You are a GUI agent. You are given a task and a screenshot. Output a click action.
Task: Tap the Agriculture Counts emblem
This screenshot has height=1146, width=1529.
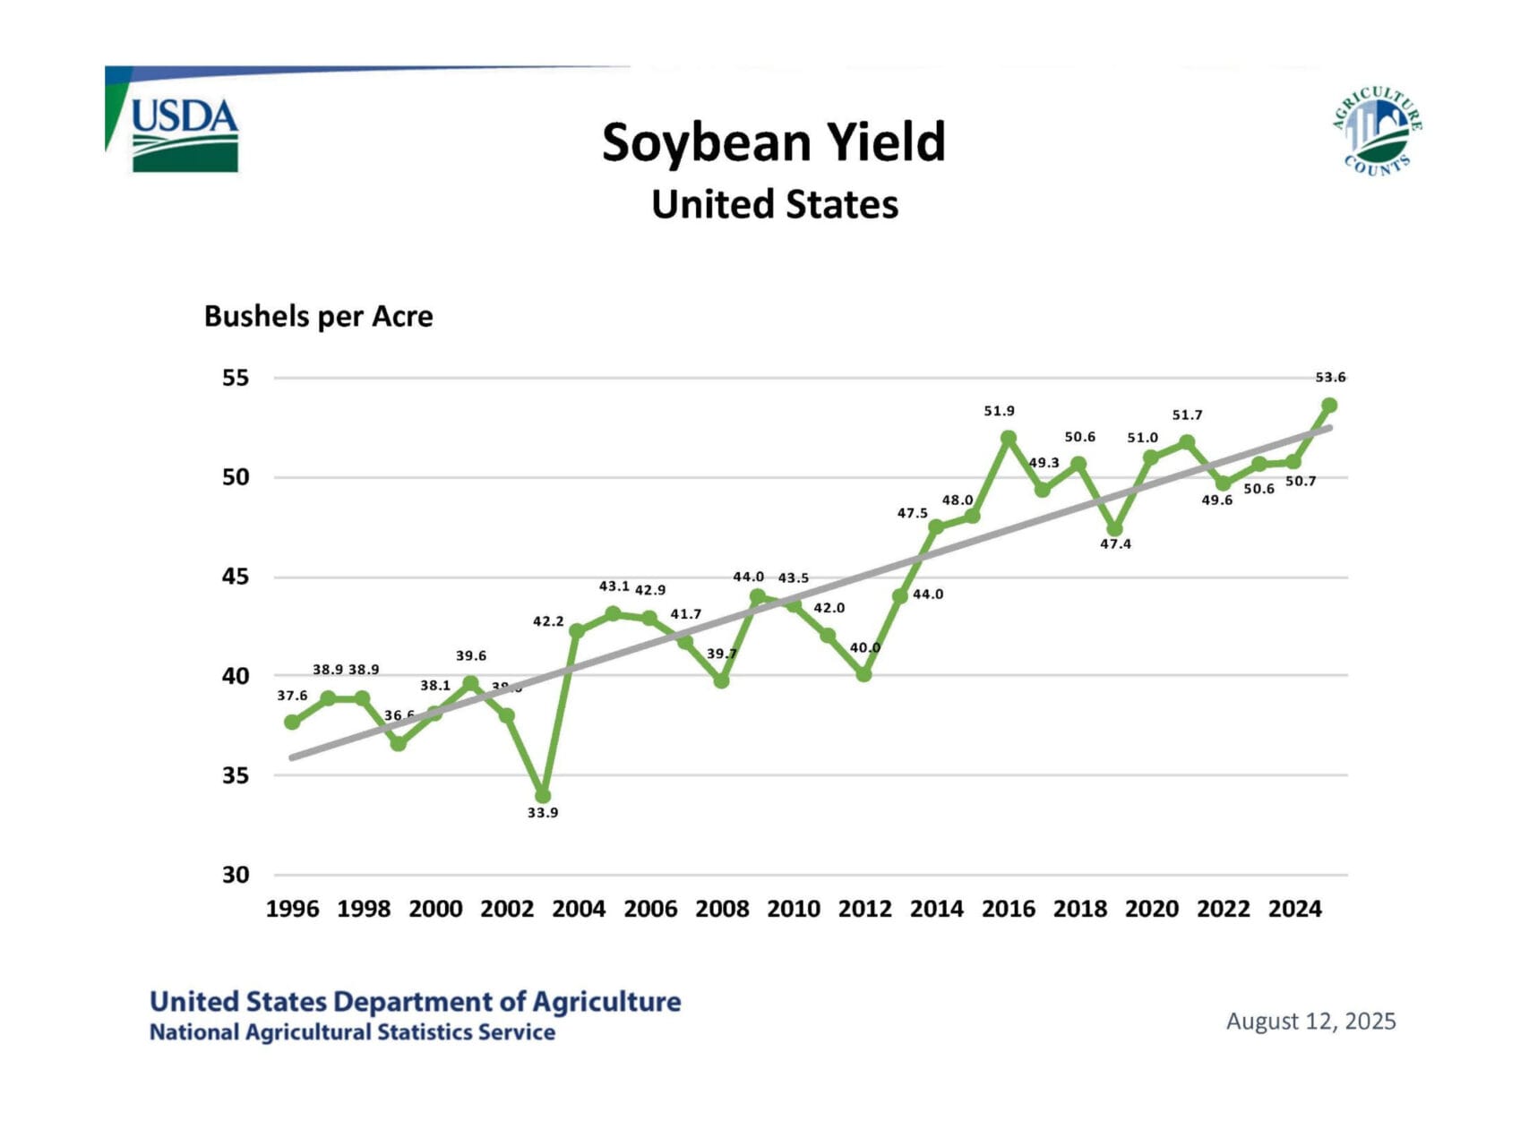pyautogui.click(x=1377, y=131)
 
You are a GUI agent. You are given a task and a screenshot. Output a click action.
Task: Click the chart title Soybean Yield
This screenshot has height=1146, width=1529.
pyautogui.click(x=773, y=142)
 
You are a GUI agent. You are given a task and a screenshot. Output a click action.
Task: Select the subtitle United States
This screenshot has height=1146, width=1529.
pyautogui.click(x=775, y=204)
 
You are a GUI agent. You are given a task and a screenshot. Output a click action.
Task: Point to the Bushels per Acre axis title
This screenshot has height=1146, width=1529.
pyautogui.click(x=318, y=316)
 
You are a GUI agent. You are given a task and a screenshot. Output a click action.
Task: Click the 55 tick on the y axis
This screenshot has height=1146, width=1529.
pyautogui.click(x=236, y=378)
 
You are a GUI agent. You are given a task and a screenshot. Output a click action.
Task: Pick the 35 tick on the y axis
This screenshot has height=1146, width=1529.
pyautogui.click(x=236, y=775)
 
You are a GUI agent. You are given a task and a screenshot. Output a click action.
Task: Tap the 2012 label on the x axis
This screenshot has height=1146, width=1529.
pyautogui.click(x=864, y=909)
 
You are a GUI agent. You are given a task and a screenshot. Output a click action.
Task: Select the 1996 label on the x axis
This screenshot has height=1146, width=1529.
pyautogui.click(x=292, y=909)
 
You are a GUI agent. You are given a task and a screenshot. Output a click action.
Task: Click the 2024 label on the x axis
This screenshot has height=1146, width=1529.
pyautogui.click(x=1294, y=909)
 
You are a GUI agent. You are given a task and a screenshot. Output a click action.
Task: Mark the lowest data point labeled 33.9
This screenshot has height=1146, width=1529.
pyautogui.click(x=543, y=796)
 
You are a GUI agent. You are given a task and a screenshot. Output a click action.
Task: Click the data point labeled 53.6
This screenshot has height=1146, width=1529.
pyautogui.click(x=1329, y=406)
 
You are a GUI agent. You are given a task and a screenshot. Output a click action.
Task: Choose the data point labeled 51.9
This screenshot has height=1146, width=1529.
pyautogui.click(x=1009, y=439)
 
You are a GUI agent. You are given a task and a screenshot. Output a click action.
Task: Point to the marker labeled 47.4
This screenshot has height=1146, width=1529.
pyautogui.click(x=1115, y=529)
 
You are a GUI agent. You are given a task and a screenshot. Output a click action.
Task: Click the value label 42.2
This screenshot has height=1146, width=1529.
pyautogui.click(x=548, y=621)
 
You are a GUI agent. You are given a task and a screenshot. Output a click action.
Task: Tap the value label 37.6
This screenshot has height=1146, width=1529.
pyautogui.click(x=292, y=696)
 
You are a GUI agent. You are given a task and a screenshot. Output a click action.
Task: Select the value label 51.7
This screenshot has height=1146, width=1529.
pyautogui.click(x=1187, y=415)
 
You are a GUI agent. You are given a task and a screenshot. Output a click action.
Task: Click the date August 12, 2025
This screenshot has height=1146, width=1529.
pyautogui.click(x=1310, y=1022)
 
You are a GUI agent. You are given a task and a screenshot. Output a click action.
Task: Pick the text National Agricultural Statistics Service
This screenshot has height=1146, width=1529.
pyautogui.click(x=352, y=1032)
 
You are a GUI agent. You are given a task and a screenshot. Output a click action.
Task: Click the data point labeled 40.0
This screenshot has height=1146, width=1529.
pyautogui.click(x=864, y=674)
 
